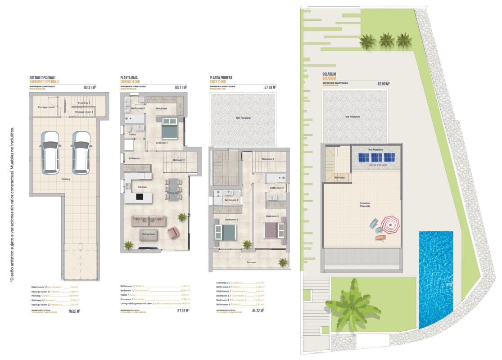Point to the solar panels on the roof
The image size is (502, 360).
click(377, 157)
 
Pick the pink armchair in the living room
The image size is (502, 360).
click(172, 233)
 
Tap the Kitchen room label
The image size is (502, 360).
click(142, 187)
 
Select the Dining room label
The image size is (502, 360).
click(174, 193)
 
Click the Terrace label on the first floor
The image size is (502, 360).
click(251, 262)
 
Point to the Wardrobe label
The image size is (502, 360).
click(162, 108)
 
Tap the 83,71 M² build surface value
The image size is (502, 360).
click(181, 88)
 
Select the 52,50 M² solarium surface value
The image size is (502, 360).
click(383, 83)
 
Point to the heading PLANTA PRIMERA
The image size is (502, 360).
click(221, 78)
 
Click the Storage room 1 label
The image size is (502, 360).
click(46, 107)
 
